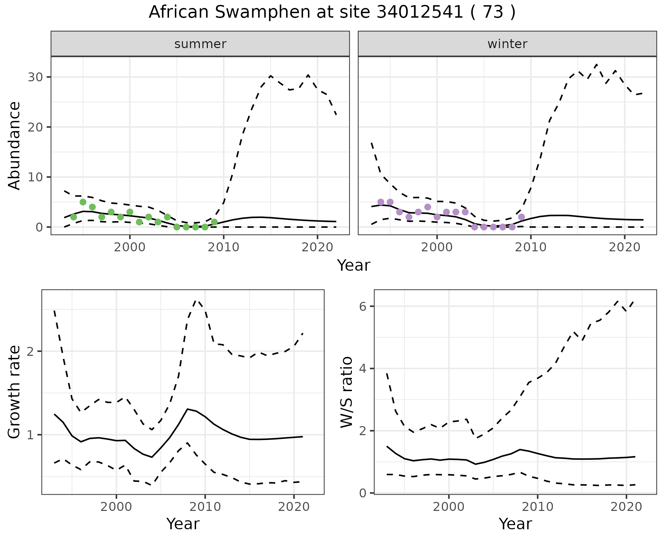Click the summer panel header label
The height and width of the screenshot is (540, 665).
click(200, 44)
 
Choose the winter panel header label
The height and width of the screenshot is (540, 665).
click(507, 44)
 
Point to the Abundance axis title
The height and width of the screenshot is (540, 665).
click(15, 145)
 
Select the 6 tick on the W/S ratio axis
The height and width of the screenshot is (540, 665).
click(363, 306)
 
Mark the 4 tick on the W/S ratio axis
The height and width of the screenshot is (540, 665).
click(363, 369)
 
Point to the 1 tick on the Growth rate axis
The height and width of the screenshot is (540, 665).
click(30, 435)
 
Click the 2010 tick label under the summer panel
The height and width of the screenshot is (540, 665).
click(224, 247)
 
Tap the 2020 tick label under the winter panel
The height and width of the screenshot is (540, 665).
click(624, 247)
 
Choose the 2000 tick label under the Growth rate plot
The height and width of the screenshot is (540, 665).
click(116, 507)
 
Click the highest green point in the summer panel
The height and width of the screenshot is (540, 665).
click(83, 202)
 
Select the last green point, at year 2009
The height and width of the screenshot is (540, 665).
click(214, 222)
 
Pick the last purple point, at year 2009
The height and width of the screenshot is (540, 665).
click(522, 217)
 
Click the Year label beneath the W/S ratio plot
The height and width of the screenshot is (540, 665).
click(515, 524)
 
